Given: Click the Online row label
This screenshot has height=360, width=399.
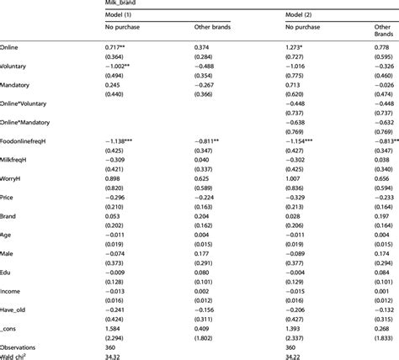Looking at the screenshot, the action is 13,47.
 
